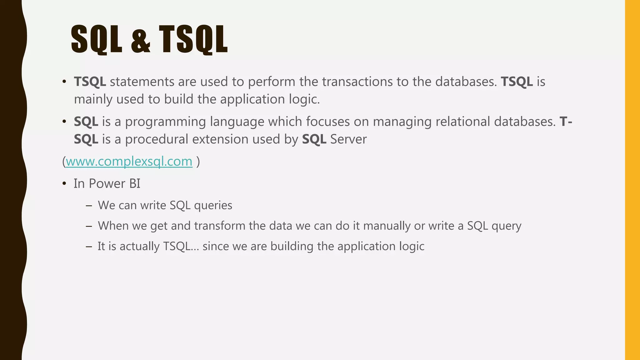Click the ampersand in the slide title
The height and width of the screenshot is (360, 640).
pos(140,40)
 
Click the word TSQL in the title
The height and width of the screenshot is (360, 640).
pos(193,40)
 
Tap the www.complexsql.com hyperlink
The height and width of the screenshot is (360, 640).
pos(129,162)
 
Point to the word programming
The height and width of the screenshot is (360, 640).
pos(165,122)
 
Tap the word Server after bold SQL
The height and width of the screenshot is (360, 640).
pos(348,139)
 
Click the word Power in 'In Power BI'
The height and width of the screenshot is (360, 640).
pos(107,184)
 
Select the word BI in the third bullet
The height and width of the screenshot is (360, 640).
pos(135,184)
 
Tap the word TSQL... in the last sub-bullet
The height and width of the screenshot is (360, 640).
pos(181,247)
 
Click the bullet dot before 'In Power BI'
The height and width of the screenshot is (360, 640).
pos(64,184)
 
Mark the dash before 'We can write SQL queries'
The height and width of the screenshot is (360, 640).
pos(89,206)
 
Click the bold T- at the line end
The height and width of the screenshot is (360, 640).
pos(566,122)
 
